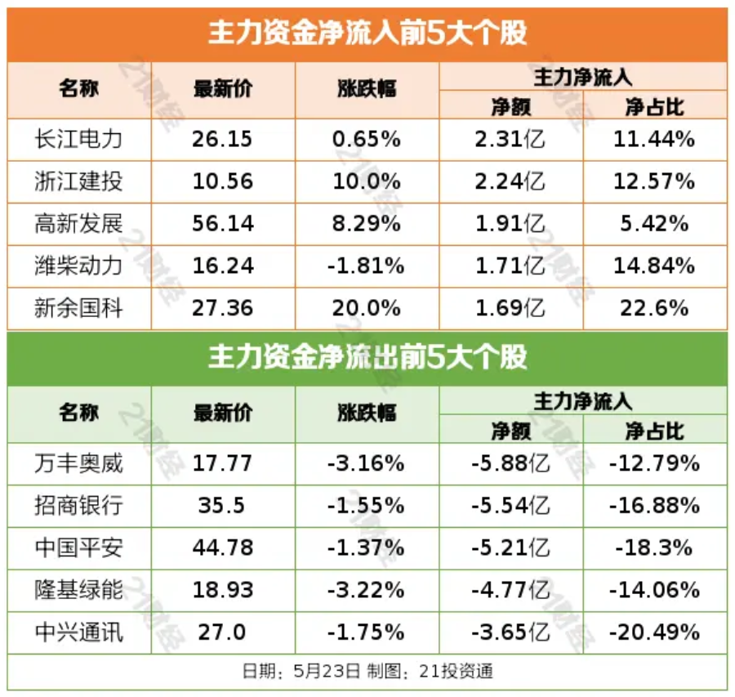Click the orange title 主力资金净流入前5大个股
pos(367,34)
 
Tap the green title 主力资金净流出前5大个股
pos(367,358)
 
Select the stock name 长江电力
pos(78,139)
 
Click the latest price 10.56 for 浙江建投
pos(223,181)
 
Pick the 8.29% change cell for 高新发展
pos(367,224)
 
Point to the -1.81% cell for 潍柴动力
pos(367,266)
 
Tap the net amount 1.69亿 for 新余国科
pos(510,309)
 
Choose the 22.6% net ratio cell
pos(654,309)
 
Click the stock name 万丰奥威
pos(78,464)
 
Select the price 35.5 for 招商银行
pos(221,506)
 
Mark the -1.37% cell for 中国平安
pos(367,547)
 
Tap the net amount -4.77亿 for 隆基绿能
pos(510,590)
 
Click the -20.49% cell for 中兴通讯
pos(654,632)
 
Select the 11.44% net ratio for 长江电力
pos(654,139)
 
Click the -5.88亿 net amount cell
pos(510,464)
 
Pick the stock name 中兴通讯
pos(78,632)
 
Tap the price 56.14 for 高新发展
pos(223,224)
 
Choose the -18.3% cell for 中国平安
pos(654,547)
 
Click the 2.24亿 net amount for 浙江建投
pos(510,181)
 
